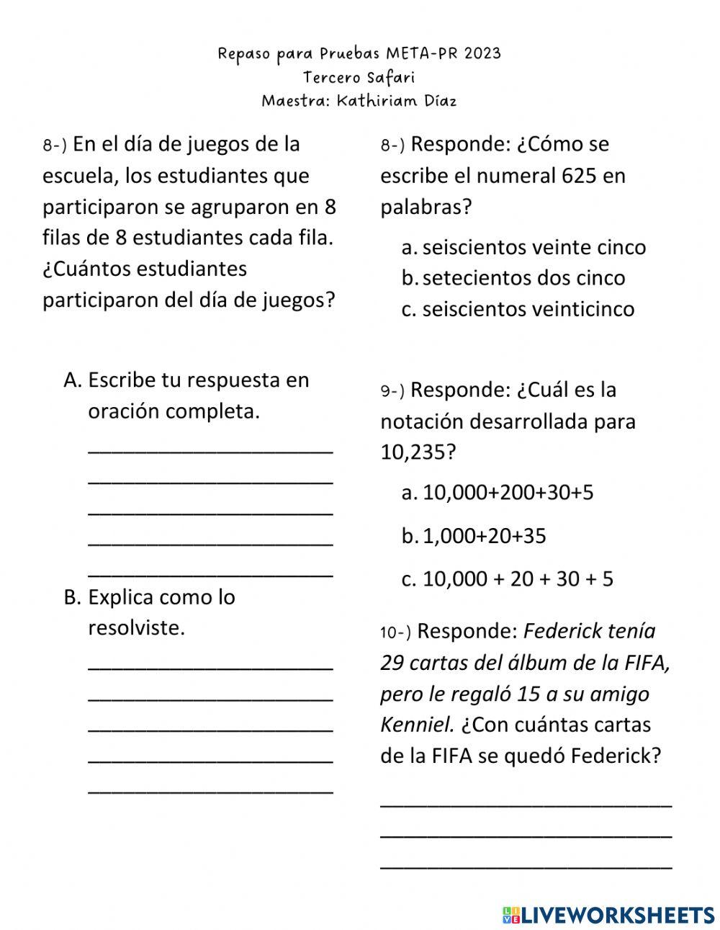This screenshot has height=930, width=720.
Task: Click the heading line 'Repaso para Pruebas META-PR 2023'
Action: point(359,53)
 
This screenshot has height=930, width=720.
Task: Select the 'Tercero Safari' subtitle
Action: point(359,77)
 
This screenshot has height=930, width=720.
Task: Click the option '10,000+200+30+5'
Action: point(508,493)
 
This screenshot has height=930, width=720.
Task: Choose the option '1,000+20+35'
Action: point(484,536)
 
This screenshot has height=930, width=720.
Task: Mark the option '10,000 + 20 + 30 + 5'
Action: point(517,579)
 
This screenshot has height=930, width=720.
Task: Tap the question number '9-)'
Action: point(392,391)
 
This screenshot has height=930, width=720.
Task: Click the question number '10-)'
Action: point(395,632)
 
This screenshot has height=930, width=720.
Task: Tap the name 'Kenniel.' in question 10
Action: point(415,725)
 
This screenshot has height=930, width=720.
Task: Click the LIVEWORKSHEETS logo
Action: point(608,914)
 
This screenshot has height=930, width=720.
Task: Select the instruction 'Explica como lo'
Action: point(161,597)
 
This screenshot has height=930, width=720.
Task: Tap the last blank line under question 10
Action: point(526,867)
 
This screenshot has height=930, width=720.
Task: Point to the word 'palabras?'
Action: point(426,207)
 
